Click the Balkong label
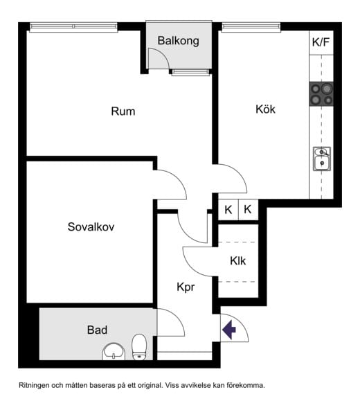pyautogui.click(x=179, y=41)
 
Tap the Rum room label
pyautogui.click(x=123, y=112)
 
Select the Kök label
pyautogui.click(x=265, y=109)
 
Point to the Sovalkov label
pyautogui.click(x=91, y=226)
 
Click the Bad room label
pyautogui.click(x=97, y=330)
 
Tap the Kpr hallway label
pyautogui.click(x=186, y=287)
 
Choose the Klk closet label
pyautogui.click(x=238, y=260)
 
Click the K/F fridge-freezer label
pyautogui.click(x=321, y=42)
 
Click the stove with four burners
pyautogui.click(x=321, y=94)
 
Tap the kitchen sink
pyautogui.click(x=322, y=159)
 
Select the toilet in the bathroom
pyautogui.click(x=139, y=347)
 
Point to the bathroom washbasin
pyautogui.click(x=114, y=351)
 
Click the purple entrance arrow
pyautogui.click(x=229, y=330)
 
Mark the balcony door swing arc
pyautogui.click(x=164, y=53)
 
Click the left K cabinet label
pyautogui.click(x=228, y=210)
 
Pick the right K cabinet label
pyautogui.click(x=248, y=209)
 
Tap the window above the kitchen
pyautogui.click(x=251, y=27)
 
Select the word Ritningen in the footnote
pyautogui.click(x=34, y=386)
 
